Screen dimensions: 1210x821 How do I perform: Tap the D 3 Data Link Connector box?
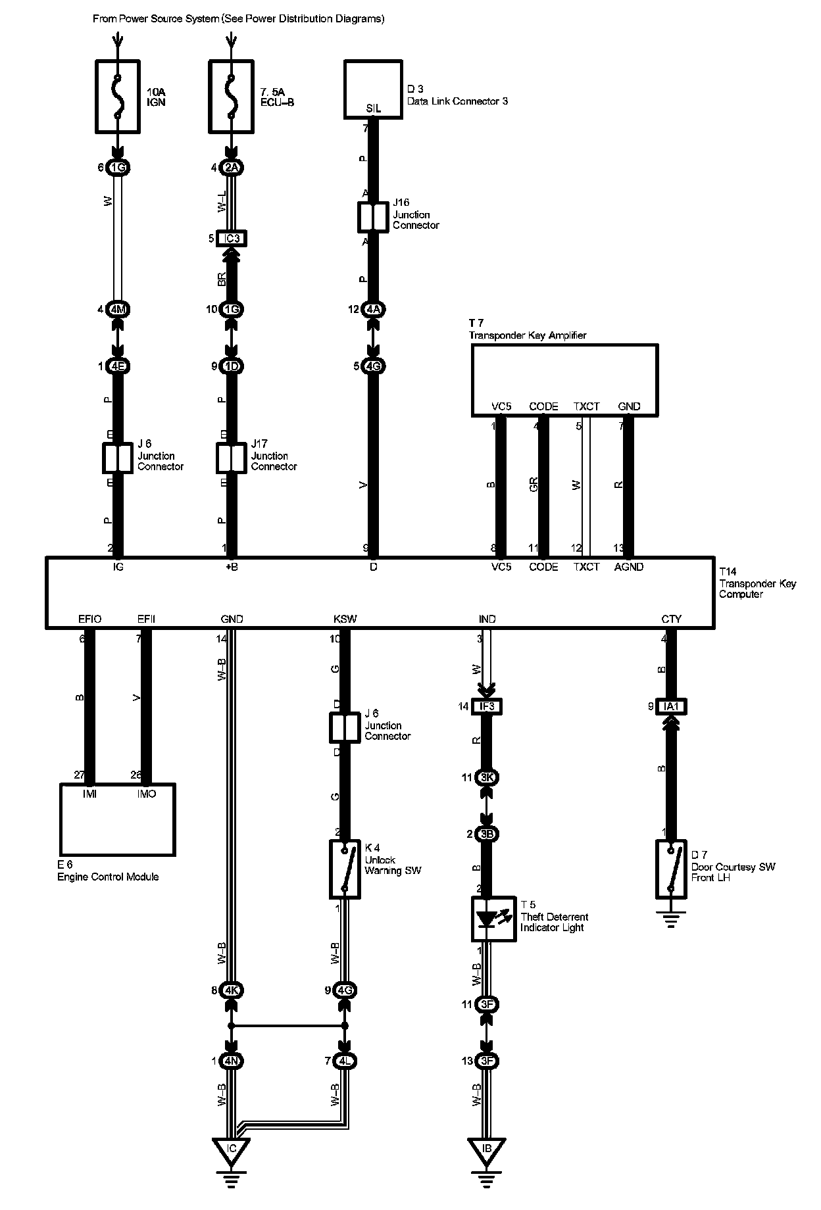pos(373,89)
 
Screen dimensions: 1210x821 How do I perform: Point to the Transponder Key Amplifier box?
pos(564,379)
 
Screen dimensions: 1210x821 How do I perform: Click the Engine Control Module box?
pos(118,819)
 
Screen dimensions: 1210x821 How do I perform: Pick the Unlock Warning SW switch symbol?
pos(345,869)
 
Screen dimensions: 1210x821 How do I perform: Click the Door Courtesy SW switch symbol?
pos(671,869)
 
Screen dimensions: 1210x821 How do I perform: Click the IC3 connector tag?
pos(232,238)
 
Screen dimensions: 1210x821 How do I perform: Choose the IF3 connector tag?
pos(487,706)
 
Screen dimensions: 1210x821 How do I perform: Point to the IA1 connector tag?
pos(672,706)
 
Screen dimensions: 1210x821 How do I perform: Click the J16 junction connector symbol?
pos(373,217)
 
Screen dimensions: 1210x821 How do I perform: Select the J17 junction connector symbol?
pos(231,458)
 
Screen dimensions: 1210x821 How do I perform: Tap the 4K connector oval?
pos(232,990)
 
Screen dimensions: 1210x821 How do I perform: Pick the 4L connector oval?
pos(345,1061)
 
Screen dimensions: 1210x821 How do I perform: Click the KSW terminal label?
pos(345,619)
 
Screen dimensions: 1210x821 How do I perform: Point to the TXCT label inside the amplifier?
pos(586,406)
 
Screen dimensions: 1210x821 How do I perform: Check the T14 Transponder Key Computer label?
pos(757,583)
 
